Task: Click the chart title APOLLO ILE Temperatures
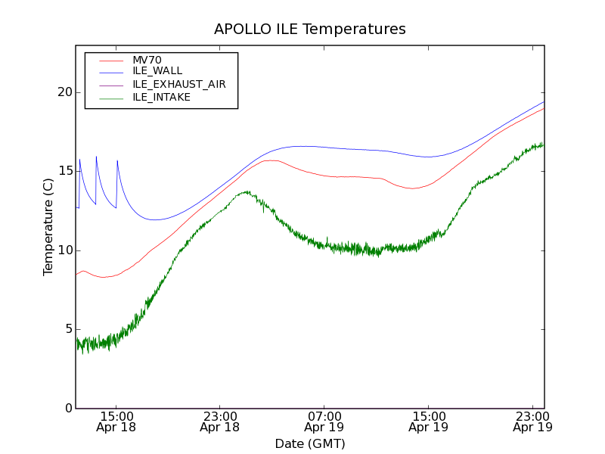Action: (310, 30)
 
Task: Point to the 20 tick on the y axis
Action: (64, 92)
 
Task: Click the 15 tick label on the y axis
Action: (64, 171)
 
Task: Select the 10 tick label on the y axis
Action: (64, 250)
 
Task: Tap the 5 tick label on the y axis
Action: (67, 329)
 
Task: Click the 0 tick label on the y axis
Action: (67, 409)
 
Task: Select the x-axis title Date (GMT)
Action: (310, 443)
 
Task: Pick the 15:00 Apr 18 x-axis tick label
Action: (116, 421)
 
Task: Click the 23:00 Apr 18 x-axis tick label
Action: (219, 421)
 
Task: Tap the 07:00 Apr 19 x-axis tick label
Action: (324, 421)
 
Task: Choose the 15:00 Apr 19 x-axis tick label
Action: (428, 421)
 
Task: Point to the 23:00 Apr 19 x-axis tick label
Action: (532, 421)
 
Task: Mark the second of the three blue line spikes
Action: (96, 157)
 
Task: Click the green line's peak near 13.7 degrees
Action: (247, 192)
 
